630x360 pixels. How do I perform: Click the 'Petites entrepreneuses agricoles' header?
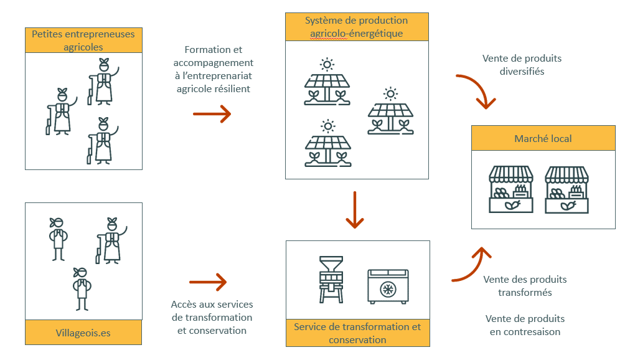click(x=83, y=40)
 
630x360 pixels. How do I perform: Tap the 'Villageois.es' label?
click(x=83, y=333)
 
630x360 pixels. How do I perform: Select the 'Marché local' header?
click(x=543, y=138)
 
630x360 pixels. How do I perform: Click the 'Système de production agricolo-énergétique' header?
click(x=357, y=27)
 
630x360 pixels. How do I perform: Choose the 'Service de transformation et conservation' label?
click(x=357, y=333)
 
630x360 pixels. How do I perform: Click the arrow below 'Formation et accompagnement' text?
click(x=212, y=114)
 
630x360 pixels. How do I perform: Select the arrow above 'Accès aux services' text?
click(x=208, y=282)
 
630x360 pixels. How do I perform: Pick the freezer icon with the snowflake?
click(x=388, y=285)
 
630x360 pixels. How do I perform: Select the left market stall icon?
click(x=511, y=189)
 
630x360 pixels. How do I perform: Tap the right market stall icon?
click(x=567, y=189)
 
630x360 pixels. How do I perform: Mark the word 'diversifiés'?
click(x=522, y=71)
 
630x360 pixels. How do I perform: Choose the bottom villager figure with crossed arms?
click(x=82, y=288)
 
